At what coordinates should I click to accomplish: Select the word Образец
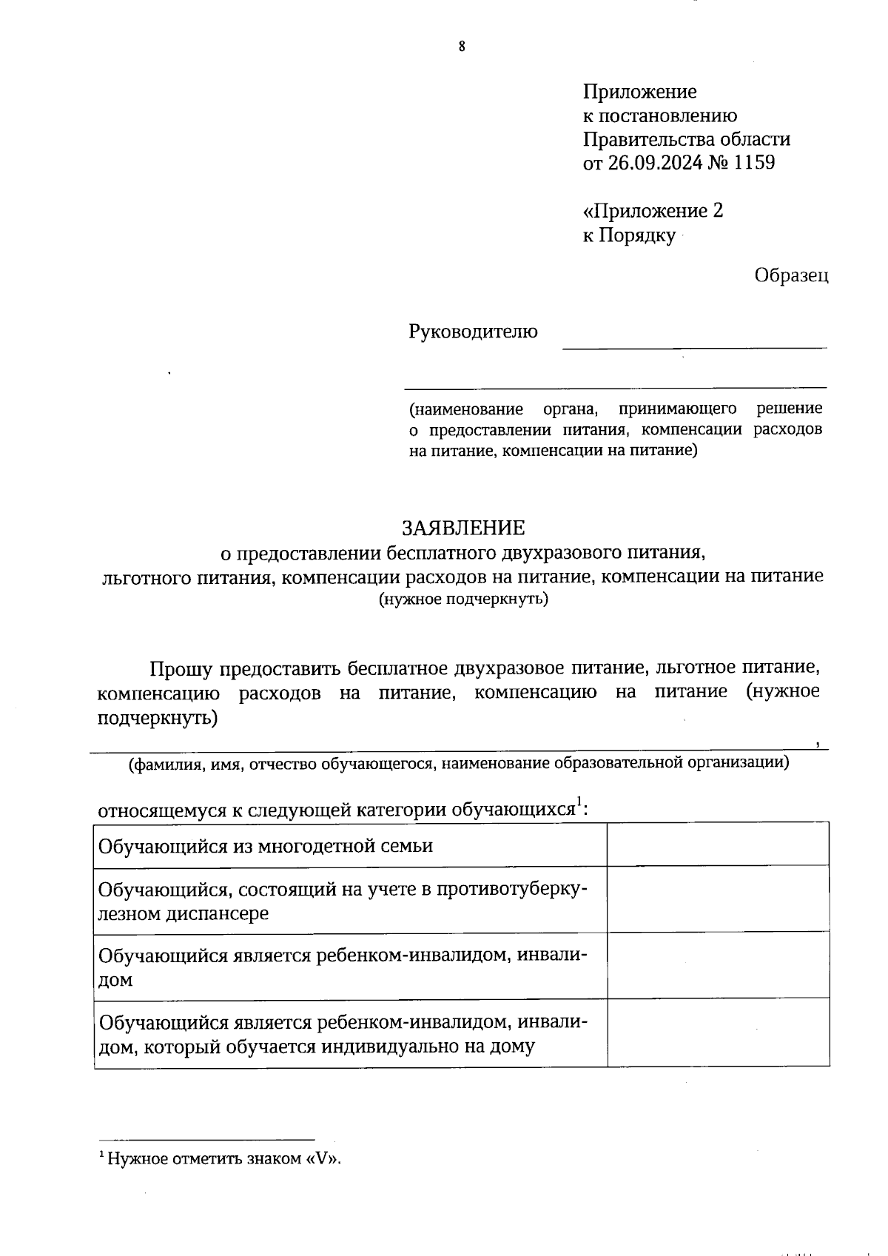click(x=791, y=275)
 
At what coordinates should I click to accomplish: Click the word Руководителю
click(x=473, y=332)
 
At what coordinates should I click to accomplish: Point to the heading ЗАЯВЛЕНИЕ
click(x=462, y=528)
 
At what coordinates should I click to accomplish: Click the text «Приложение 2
click(x=653, y=212)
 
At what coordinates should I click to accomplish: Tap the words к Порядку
click(x=629, y=236)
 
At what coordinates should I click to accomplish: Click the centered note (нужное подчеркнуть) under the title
click(x=463, y=600)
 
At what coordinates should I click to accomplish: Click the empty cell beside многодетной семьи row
click(x=717, y=844)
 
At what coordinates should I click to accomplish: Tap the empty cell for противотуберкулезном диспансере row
click(x=717, y=899)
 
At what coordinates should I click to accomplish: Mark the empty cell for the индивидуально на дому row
click(x=717, y=1033)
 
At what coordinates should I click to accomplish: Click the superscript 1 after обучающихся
click(x=579, y=802)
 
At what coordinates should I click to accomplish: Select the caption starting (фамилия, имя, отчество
click(x=459, y=763)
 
